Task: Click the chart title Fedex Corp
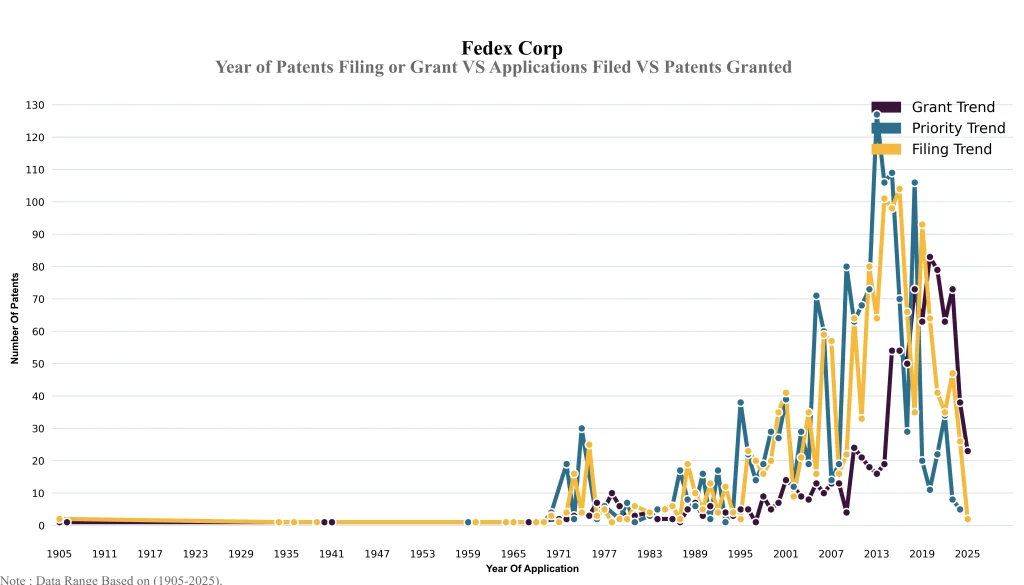[x=512, y=48]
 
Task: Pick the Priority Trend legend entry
[x=957, y=128]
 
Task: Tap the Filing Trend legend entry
[x=951, y=149]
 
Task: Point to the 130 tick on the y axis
[x=35, y=105]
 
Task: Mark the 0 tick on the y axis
[x=41, y=526]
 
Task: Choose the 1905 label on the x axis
[x=59, y=553]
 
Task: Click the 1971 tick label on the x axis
[x=559, y=553]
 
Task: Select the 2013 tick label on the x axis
[x=877, y=553]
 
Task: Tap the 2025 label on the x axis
[x=967, y=553]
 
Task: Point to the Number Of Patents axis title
[x=15, y=318]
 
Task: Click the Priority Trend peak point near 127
[x=877, y=115]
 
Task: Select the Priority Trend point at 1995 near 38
[x=741, y=403]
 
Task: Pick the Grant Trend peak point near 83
[x=930, y=257]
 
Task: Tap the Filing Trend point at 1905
[x=59, y=519]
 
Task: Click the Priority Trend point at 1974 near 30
[x=582, y=429]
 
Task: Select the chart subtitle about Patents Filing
[x=503, y=67]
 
